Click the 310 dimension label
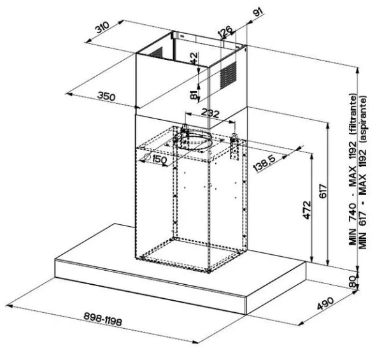tap(102, 27)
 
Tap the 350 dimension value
tap(106, 96)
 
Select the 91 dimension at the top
tap(258, 11)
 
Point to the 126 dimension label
tap(225, 32)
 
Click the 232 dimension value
tap(211, 113)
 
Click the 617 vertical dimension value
tap(323, 191)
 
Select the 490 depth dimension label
tap(325, 303)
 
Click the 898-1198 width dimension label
tap(103, 319)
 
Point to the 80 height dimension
tap(352, 282)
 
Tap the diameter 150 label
tap(156, 159)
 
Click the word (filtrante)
tap(353, 114)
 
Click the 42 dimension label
tap(194, 59)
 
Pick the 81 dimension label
tap(194, 95)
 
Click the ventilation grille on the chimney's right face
tap(229, 75)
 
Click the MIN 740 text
tap(353, 224)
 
